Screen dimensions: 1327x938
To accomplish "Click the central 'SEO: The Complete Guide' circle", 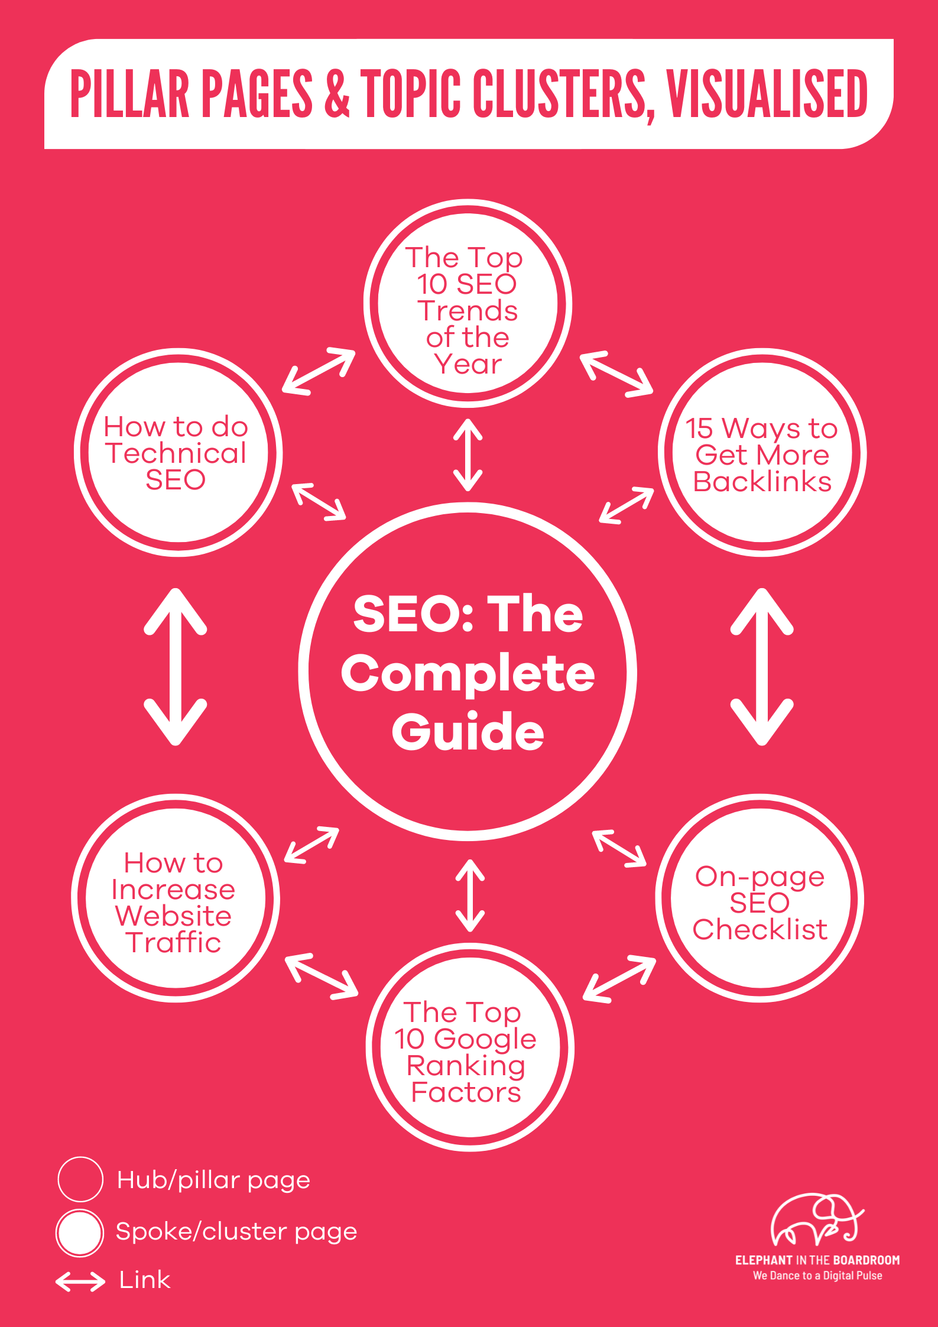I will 468,672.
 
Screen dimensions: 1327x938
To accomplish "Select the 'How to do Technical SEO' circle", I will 178,453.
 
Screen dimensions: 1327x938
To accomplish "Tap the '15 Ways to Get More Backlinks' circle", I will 762,453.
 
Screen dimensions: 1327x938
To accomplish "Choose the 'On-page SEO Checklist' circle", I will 760,898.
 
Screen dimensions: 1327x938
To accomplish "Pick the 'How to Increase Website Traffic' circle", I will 175,898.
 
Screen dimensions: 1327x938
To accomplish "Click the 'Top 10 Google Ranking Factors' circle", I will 469,1047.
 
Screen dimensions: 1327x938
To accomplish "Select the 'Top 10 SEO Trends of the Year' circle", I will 468,304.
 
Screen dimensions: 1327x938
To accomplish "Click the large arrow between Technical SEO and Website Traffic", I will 176,666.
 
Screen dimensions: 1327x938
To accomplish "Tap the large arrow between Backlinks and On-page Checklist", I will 762,666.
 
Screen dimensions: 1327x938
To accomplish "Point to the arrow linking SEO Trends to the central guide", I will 468,455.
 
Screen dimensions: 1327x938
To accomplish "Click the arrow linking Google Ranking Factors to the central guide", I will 470,896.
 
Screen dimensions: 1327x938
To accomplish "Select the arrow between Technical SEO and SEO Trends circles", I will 319,371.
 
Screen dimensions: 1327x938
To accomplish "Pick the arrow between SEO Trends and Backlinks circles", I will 616,374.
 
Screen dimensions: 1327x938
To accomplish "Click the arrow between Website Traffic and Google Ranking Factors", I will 322,976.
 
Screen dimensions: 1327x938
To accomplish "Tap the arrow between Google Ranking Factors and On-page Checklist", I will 619,979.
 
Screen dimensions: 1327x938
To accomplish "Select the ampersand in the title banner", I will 337,94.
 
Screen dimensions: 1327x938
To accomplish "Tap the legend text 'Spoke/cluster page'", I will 236,1232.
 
